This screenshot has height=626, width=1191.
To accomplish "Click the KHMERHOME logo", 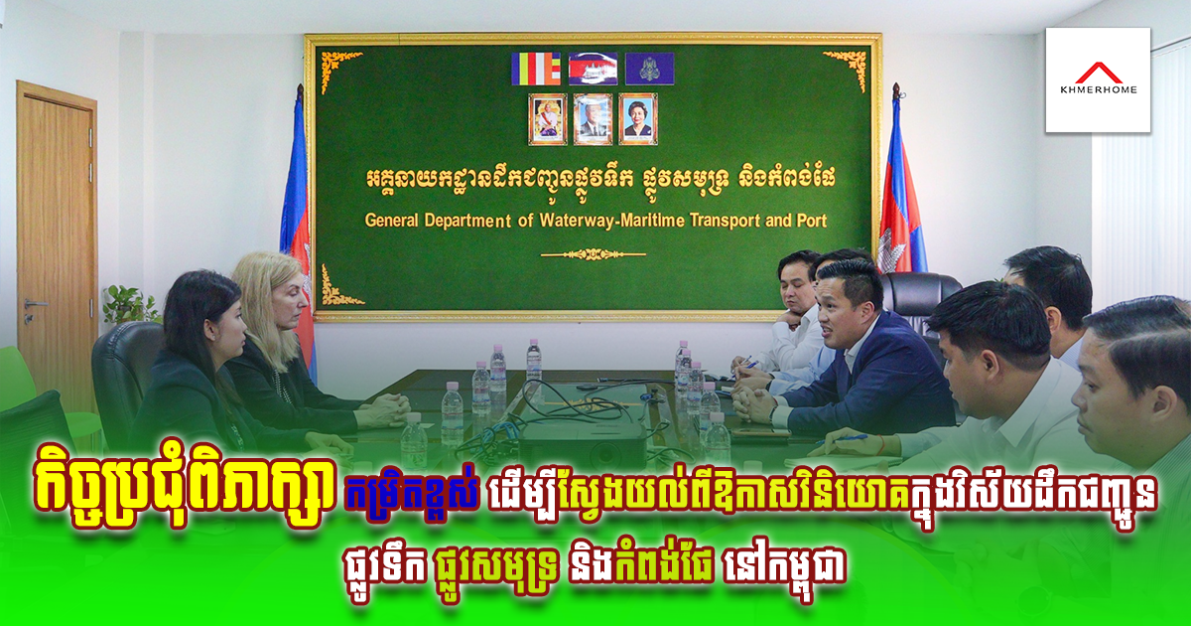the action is pyautogui.click(x=1098, y=79).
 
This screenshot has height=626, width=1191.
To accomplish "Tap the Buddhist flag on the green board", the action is pyautogui.click(x=535, y=69).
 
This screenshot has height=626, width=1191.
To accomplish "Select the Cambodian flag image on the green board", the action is pyautogui.click(x=593, y=69).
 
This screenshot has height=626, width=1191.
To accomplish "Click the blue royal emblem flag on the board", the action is pyautogui.click(x=650, y=69).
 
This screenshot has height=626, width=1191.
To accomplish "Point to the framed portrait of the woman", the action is pyautogui.click(x=638, y=119).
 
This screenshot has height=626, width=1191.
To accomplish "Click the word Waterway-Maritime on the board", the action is pyautogui.click(x=611, y=221).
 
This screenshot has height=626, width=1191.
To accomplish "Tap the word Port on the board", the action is pyautogui.click(x=812, y=221).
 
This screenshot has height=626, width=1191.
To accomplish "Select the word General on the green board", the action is pyautogui.click(x=391, y=221).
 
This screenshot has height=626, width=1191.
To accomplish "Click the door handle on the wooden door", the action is pyautogui.click(x=34, y=305).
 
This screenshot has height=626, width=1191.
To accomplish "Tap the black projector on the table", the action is pyautogui.click(x=584, y=443).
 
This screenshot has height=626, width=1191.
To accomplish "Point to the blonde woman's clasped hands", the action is pyautogui.click(x=384, y=409).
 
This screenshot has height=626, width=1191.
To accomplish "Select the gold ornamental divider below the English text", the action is pyautogui.click(x=594, y=254).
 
